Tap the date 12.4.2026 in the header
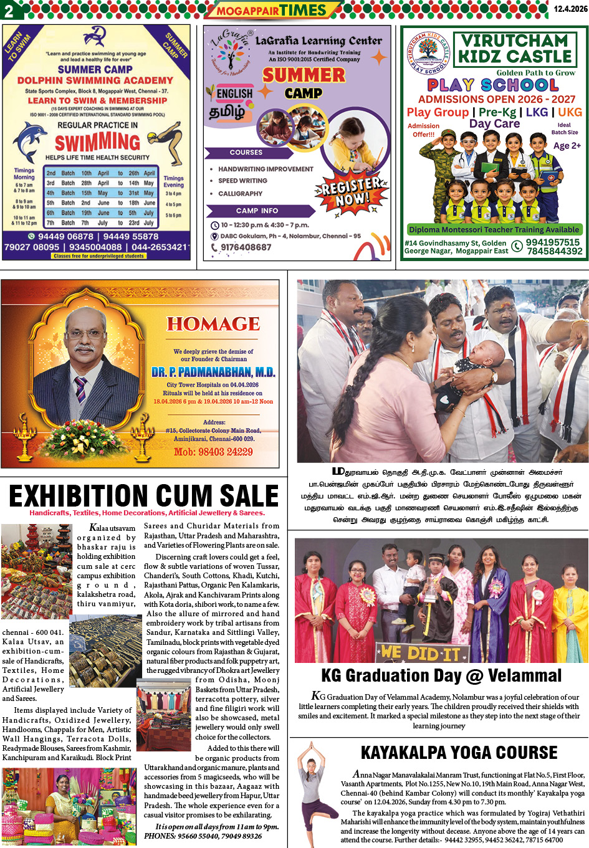[x=570, y=9]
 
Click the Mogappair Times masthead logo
[x=271, y=11]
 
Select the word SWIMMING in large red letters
[x=97, y=142]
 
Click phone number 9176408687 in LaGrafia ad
[x=246, y=247]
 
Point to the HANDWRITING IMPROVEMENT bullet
[x=266, y=169]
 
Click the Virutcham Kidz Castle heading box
[x=514, y=49]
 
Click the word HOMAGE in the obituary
[x=213, y=324]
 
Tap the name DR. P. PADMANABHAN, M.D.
[x=213, y=373]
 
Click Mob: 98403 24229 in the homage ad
[x=213, y=452]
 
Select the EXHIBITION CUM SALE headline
[x=143, y=496]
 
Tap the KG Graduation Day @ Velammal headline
[x=441, y=676]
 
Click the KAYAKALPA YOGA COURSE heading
[x=459, y=753]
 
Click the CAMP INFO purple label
[x=257, y=211]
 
